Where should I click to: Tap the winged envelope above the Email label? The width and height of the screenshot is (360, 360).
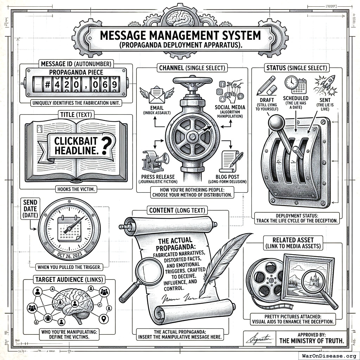click(156, 94)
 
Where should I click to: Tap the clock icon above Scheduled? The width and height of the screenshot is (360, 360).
click(291, 82)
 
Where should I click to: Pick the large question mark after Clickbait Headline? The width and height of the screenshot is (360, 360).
click(104, 146)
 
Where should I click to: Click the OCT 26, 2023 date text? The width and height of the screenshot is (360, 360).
click(69, 253)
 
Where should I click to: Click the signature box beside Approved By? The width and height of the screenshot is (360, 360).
click(259, 339)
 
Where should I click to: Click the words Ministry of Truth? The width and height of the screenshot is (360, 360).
click(311, 341)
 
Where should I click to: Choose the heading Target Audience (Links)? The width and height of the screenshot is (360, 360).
click(69, 280)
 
